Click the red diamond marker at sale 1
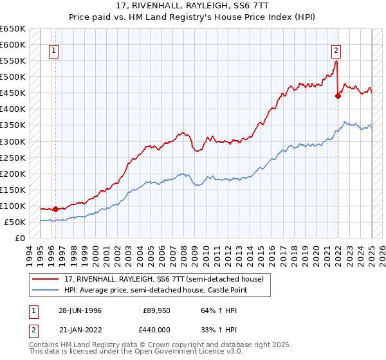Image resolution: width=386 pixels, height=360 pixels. pos(55,209)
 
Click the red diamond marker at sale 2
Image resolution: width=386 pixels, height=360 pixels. pos(338,96)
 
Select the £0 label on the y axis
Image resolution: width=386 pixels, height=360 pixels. pos(20,238)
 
